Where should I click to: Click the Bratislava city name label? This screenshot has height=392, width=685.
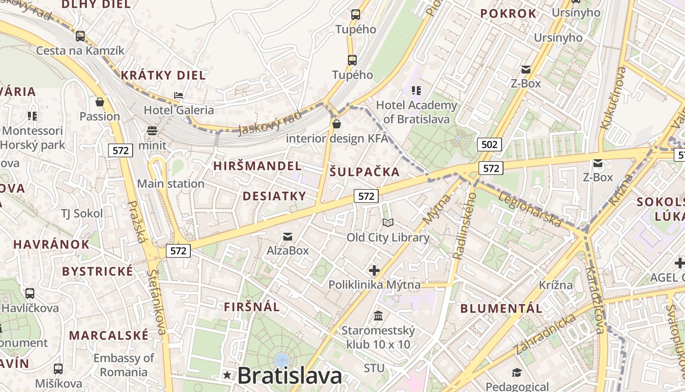click(x=290, y=376)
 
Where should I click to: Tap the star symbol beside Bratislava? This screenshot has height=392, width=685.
click(x=227, y=375)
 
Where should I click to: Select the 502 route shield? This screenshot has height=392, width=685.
click(x=489, y=144)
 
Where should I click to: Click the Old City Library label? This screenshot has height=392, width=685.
click(x=388, y=238)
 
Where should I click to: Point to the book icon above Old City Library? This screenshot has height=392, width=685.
click(x=388, y=223)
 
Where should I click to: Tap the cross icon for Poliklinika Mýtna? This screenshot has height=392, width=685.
click(x=374, y=270)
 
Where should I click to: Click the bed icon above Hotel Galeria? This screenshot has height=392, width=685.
click(x=179, y=95)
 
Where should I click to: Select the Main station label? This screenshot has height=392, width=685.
click(x=171, y=184)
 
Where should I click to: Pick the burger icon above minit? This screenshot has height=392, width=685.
click(x=152, y=131)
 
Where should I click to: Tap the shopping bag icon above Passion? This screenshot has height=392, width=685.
click(x=100, y=102)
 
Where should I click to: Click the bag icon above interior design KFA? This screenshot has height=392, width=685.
click(x=337, y=124)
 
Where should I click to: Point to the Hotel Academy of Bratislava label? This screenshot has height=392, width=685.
click(x=416, y=112)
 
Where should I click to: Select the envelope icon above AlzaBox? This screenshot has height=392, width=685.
click(x=288, y=237)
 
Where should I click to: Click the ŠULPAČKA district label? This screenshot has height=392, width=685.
click(x=365, y=172)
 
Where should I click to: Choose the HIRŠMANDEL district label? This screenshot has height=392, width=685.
click(x=257, y=166)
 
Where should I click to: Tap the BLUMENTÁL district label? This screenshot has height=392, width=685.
click(x=502, y=309)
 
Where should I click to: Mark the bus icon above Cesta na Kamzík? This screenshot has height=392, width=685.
click(x=80, y=36)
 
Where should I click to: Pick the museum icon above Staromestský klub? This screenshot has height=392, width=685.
click(x=378, y=316)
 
